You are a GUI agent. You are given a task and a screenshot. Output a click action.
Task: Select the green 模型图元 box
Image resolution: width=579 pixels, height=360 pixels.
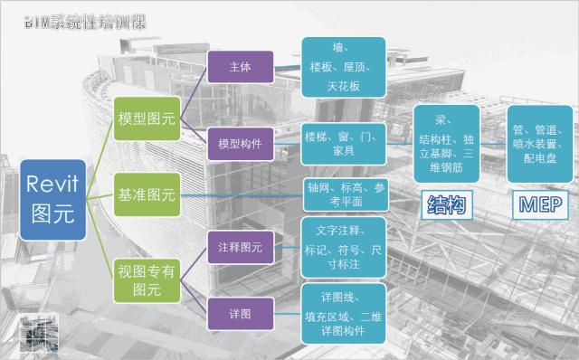click(x=147, y=118)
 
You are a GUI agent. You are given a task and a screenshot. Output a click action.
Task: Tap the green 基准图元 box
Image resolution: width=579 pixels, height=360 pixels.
click(x=147, y=194)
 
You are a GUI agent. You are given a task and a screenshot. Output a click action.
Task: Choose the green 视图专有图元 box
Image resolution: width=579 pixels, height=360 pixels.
click(x=147, y=278)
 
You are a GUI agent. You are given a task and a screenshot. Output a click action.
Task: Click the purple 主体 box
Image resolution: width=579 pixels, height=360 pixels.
click(x=241, y=68)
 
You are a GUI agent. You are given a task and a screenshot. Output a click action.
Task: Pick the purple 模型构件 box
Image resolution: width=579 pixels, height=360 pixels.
click(x=241, y=145)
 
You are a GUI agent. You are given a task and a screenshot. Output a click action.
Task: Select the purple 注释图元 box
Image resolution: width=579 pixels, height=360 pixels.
click(x=241, y=246)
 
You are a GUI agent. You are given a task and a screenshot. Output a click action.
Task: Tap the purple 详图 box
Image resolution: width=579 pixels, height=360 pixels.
click(x=241, y=311)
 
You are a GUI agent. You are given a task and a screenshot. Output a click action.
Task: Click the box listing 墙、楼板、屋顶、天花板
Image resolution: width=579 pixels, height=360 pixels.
click(x=344, y=67)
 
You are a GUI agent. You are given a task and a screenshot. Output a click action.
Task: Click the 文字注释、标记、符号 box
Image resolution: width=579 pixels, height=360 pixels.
click(x=344, y=245)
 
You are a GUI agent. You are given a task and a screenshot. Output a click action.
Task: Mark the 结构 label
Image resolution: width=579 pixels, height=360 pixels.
click(x=445, y=206)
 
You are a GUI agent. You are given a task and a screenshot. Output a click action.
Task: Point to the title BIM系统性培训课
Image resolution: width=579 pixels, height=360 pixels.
click(x=86, y=20)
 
